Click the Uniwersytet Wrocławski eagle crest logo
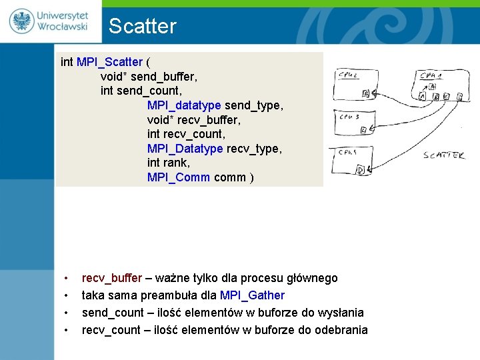tap(21, 21)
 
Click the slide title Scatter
tap(142, 27)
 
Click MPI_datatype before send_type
tap(184, 105)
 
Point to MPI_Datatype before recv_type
tap(185, 148)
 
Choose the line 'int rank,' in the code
tap(168, 163)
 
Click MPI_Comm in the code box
tap(179, 177)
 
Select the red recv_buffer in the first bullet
tap(112, 278)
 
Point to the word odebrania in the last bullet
tap(339, 330)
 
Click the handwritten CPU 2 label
tap(347, 75)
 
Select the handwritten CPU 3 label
tap(349, 117)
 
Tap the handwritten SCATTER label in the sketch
tap(444, 155)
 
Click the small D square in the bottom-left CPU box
tap(361, 170)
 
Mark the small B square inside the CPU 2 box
tap(365, 94)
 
